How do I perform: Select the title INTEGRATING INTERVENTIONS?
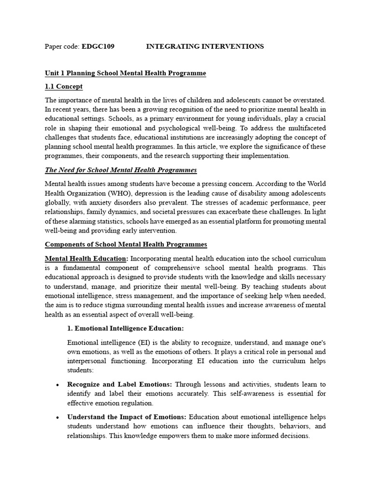tap(205, 46)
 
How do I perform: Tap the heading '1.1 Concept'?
tap(63, 86)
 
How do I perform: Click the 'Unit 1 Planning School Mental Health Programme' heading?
tap(125, 73)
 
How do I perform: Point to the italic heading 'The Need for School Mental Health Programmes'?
tap(121, 170)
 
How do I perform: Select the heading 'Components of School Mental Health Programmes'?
tap(126, 245)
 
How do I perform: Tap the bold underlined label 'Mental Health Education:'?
tap(86, 258)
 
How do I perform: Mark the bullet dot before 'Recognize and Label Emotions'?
tap(58, 385)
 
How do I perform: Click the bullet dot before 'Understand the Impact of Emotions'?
tap(58, 417)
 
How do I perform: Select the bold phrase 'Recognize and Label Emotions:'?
tap(120, 384)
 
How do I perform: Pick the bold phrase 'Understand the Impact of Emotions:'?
tap(128, 416)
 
